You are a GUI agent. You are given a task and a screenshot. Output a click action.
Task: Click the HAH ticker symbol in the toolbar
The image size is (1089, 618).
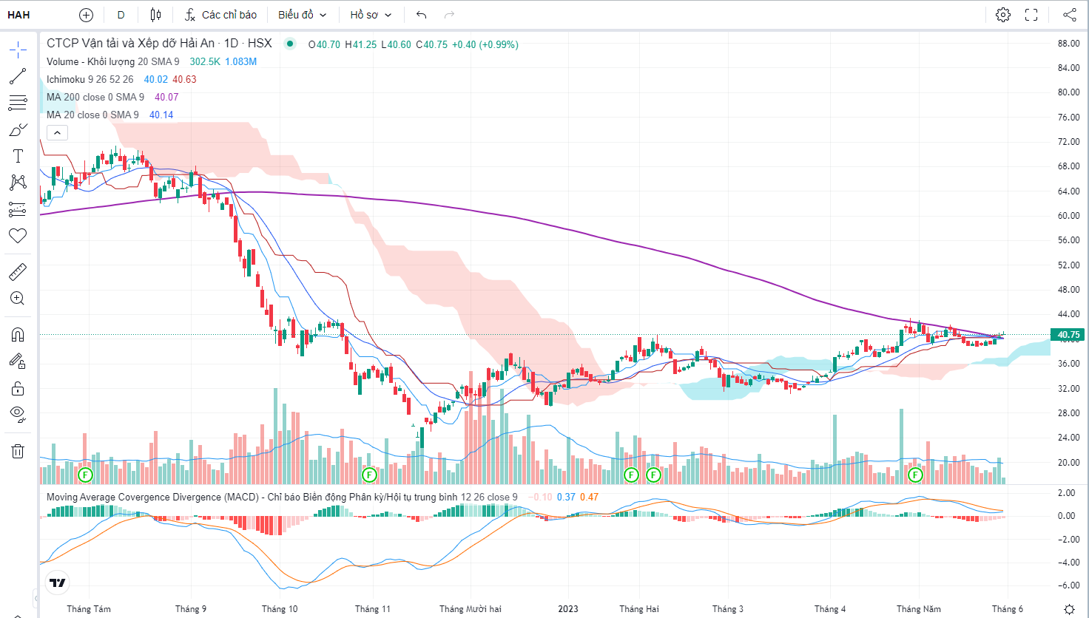click(x=18, y=15)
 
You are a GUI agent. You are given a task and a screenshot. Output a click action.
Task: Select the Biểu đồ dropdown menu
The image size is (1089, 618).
click(x=302, y=15)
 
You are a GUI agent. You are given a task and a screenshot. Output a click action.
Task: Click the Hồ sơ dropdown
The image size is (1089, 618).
click(x=371, y=15)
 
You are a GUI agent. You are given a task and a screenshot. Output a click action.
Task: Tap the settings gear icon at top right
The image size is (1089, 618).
click(x=1003, y=15)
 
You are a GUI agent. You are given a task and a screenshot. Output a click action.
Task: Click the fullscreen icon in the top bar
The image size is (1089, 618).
click(x=1031, y=15)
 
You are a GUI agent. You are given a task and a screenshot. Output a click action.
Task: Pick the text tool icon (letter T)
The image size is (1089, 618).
click(x=18, y=156)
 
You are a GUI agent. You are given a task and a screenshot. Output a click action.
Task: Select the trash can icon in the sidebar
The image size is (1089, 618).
click(x=18, y=451)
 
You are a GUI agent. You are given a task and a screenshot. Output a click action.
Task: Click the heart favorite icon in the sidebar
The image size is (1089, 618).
click(x=18, y=236)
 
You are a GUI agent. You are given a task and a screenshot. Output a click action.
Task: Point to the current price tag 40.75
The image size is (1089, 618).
click(x=1068, y=335)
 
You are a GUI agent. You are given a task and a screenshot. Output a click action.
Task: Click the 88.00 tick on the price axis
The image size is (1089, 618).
click(x=1068, y=44)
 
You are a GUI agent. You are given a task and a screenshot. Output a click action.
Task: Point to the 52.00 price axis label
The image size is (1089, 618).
click(x=1068, y=265)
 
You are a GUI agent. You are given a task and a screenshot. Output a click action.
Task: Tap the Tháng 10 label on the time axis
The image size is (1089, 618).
click(x=280, y=609)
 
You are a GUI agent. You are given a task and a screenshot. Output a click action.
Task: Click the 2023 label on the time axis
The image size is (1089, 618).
click(x=568, y=609)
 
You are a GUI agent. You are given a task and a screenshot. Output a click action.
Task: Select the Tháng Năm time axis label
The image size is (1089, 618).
click(x=919, y=609)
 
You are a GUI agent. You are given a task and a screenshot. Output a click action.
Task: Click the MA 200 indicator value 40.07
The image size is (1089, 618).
click(x=166, y=97)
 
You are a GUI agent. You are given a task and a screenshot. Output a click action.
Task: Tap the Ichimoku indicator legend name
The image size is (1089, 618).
click(x=66, y=79)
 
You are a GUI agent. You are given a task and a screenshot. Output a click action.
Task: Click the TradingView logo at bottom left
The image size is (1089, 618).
click(x=57, y=583)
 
